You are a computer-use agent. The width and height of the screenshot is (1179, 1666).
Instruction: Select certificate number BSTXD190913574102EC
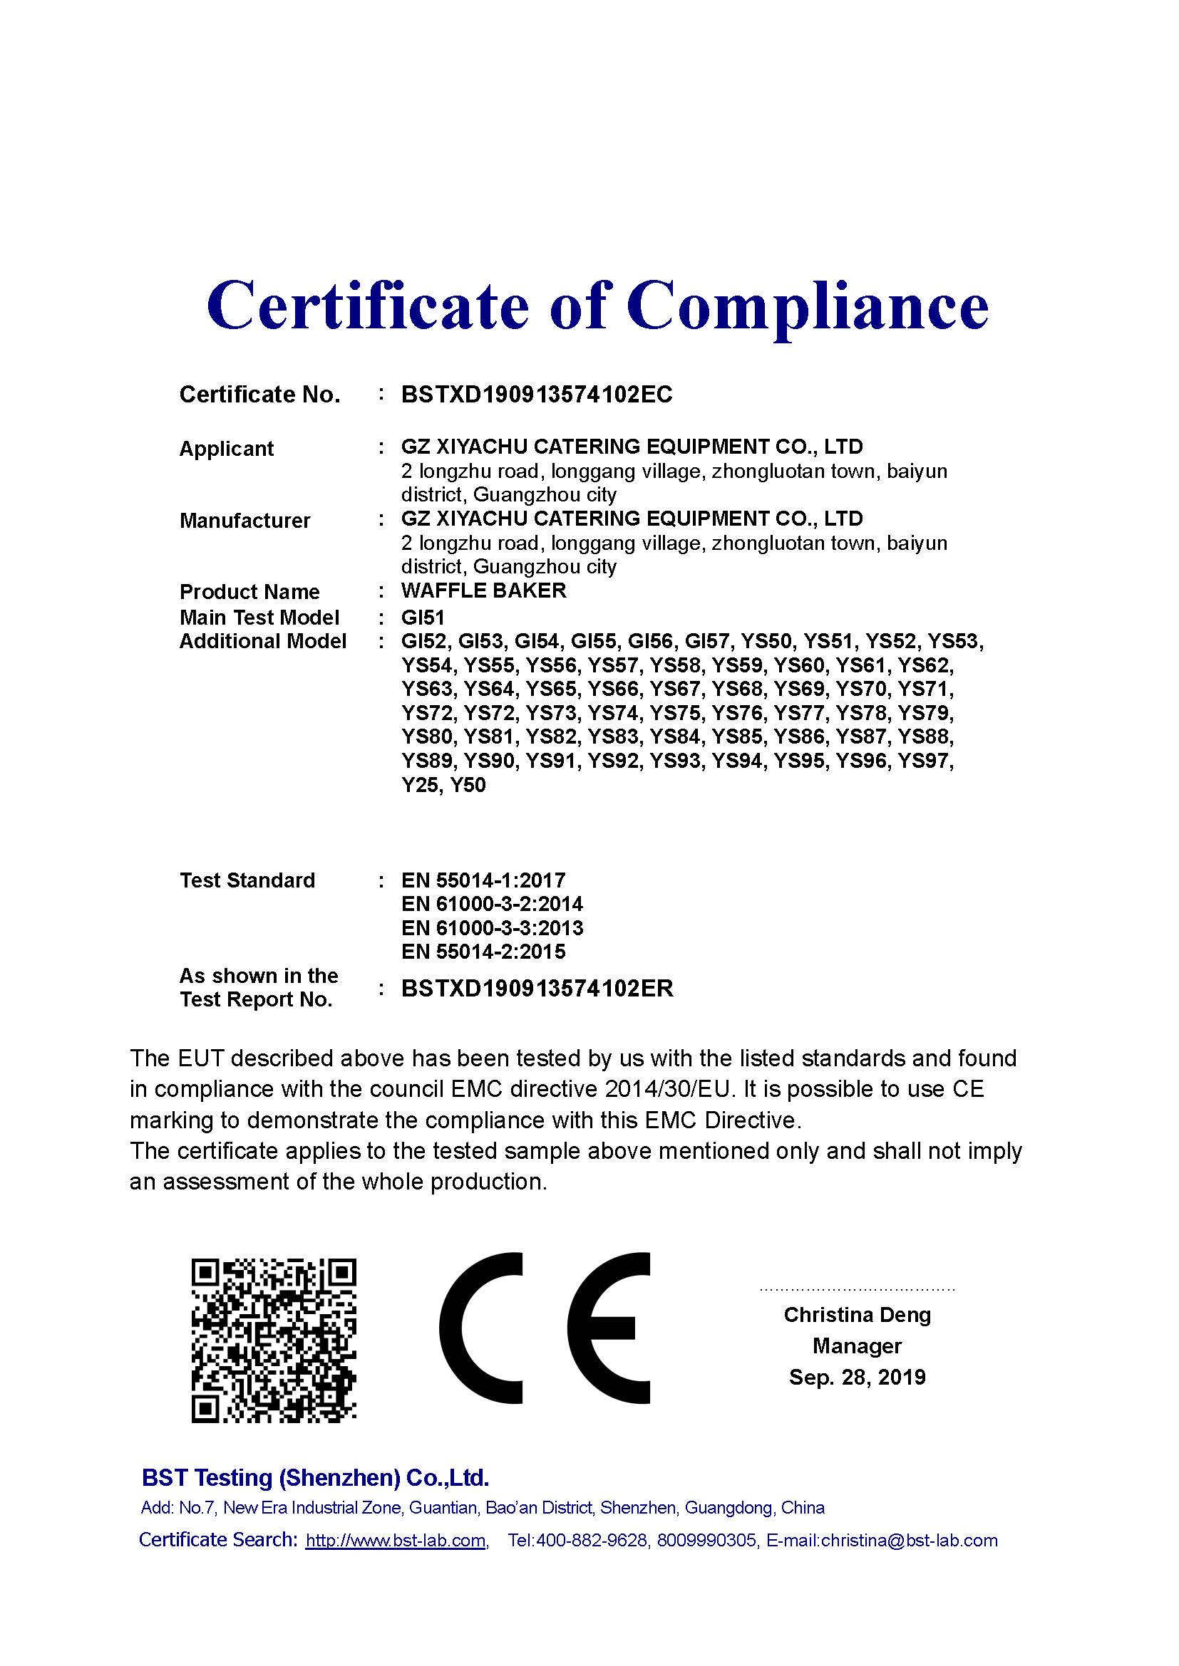537,394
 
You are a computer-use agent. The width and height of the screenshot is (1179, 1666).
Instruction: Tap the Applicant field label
226,449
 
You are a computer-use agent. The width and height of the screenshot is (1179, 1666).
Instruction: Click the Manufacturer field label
244,520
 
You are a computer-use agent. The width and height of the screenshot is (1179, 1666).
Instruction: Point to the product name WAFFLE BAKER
483,590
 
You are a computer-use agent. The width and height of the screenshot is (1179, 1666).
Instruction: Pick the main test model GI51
423,618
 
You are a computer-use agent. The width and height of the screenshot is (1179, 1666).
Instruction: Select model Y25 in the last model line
420,785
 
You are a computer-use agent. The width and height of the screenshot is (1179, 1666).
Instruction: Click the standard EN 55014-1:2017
483,880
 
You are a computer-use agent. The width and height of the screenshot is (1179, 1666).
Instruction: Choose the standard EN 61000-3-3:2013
492,928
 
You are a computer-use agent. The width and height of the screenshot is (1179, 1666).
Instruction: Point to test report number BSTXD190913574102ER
537,989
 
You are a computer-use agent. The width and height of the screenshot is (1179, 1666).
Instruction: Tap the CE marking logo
544,1327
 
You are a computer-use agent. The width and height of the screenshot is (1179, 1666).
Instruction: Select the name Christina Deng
857,1315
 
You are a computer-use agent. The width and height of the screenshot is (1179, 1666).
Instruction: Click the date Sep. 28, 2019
857,1378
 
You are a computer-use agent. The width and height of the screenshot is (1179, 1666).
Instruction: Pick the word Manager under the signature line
857,1346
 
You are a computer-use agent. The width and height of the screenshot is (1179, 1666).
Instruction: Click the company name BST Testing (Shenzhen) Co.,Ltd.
315,1477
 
